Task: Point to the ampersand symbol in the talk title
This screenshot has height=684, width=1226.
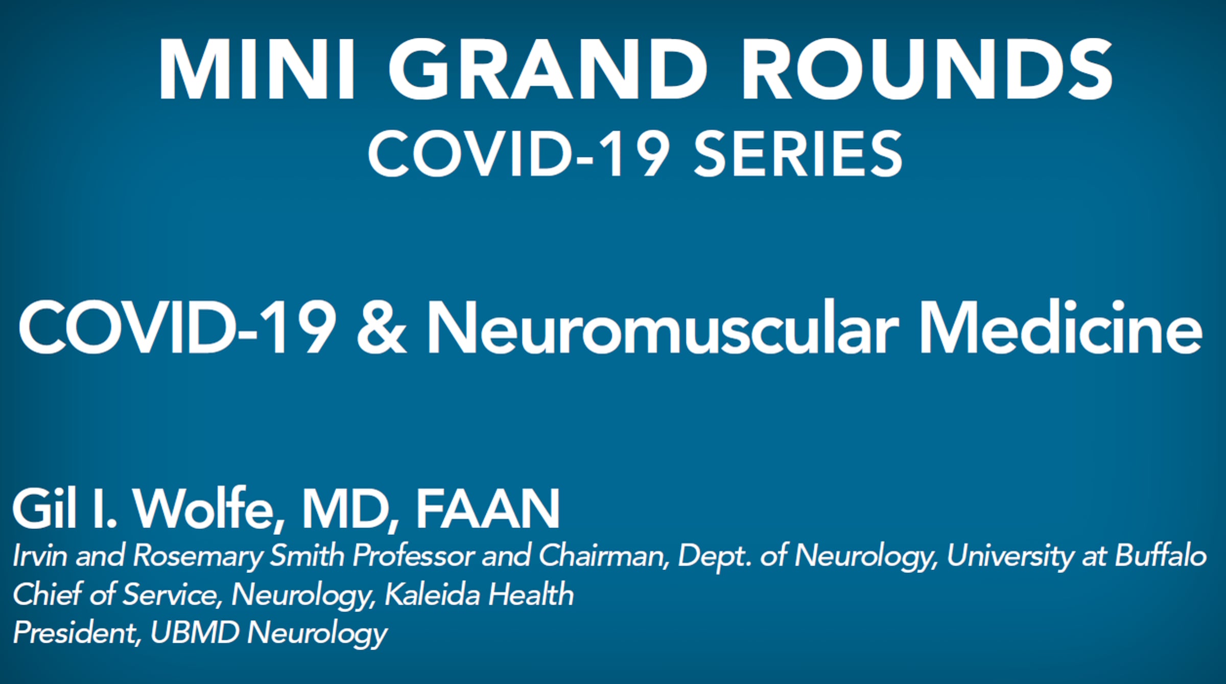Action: pyautogui.click(x=382, y=327)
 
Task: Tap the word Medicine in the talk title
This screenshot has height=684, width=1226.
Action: pyautogui.click(x=1060, y=327)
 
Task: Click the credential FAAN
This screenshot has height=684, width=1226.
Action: pyautogui.click(x=488, y=509)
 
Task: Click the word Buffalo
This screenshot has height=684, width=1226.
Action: pyautogui.click(x=1161, y=555)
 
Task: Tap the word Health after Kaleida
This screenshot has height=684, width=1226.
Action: pyautogui.click(x=531, y=594)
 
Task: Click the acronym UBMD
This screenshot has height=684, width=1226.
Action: pyautogui.click(x=195, y=633)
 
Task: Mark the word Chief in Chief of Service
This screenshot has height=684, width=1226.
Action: pyautogui.click(x=46, y=594)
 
